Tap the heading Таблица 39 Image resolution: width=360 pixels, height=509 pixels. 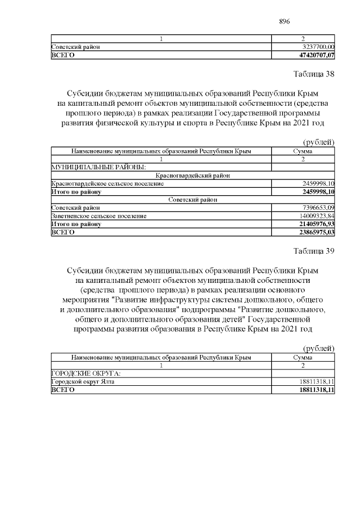(314, 251)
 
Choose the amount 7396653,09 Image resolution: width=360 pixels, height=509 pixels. (318, 208)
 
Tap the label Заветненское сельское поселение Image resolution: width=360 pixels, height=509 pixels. (99, 215)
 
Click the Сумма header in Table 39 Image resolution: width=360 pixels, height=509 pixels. (303, 358)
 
